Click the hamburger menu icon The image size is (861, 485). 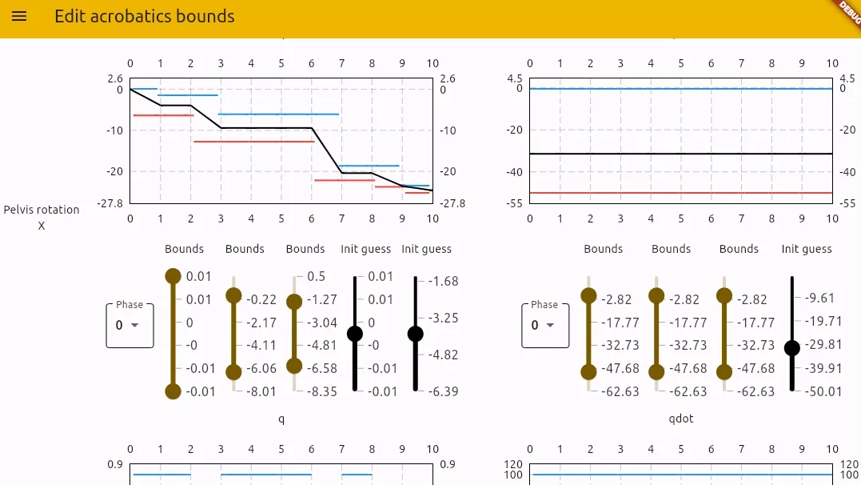[x=19, y=17]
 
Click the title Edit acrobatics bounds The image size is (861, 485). [x=144, y=17]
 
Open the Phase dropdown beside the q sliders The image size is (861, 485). [x=130, y=325]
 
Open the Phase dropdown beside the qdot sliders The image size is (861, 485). [x=545, y=325]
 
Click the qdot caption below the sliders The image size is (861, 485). [x=681, y=419]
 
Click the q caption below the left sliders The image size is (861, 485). [x=281, y=419]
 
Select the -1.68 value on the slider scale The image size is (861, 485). [x=443, y=281]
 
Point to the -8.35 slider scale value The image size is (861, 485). [x=321, y=391]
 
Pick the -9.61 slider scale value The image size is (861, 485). [x=820, y=298]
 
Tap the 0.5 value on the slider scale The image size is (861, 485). [x=316, y=276]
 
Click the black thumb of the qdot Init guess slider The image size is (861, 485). [x=792, y=347]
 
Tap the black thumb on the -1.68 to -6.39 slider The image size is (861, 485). [x=416, y=334]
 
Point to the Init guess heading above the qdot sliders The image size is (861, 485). [x=807, y=249]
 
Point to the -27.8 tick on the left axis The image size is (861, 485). [x=110, y=203]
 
